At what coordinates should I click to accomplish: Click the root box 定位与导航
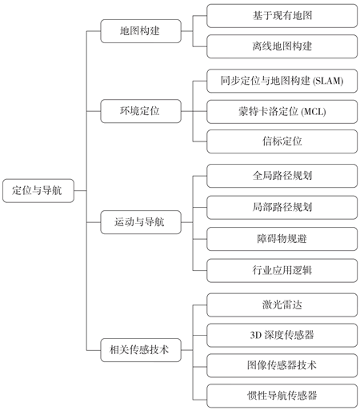click(x=38, y=191)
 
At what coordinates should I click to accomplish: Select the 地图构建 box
click(x=141, y=31)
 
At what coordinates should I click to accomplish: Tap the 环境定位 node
click(x=141, y=111)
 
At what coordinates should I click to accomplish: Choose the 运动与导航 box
click(x=141, y=222)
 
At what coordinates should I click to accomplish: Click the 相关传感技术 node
click(x=141, y=350)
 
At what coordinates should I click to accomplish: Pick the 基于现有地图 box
click(x=282, y=16)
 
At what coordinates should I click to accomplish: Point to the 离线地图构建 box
click(x=282, y=46)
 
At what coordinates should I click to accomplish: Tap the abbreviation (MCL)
click(x=314, y=112)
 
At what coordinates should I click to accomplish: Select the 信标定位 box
click(x=282, y=141)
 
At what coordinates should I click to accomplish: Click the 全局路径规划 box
click(x=282, y=176)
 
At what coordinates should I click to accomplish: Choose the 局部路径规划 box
click(x=282, y=208)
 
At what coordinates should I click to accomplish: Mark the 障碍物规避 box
click(x=282, y=239)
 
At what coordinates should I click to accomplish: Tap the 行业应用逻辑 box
click(x=282, y=270)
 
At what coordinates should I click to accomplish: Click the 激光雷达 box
click(x=282, y=305)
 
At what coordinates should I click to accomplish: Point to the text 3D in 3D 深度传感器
click(x=255, y=335)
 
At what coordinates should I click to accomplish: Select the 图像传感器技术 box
click(x=282, y=365)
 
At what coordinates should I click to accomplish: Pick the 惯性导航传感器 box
click(x=282, y=396)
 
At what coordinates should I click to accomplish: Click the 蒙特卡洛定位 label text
click(x=268, y=112)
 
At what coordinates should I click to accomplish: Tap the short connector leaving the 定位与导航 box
click(x=80, y=191)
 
